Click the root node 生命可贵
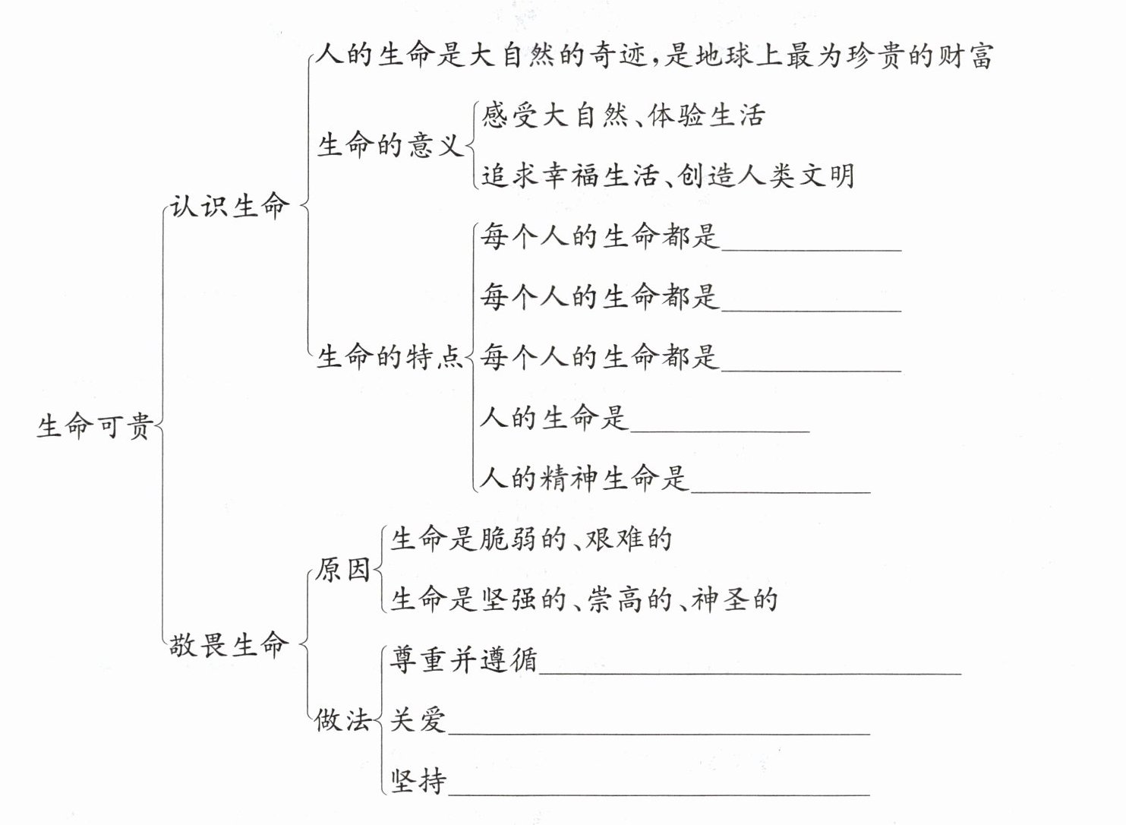[95, 426]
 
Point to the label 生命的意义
[390, 144]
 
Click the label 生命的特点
[390, 356]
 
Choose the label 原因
[342, 569]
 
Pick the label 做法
[342, 719]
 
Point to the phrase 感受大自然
[555, 115]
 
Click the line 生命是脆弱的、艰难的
[531, 539]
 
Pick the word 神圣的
[735, 599]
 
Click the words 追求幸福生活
[569, 175]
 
